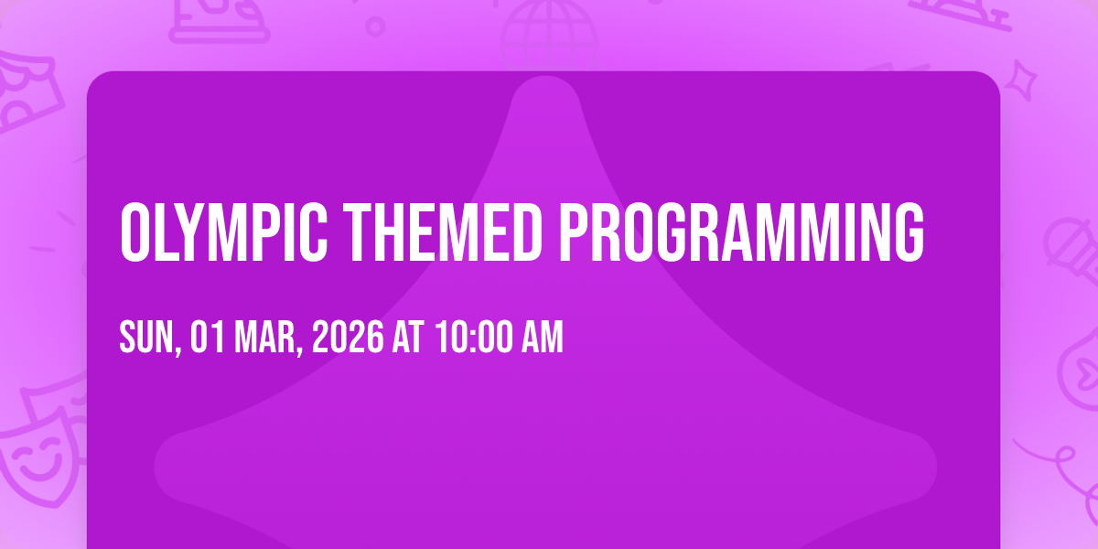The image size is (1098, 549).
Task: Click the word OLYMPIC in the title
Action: point(223,231)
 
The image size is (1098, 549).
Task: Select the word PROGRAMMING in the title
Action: point(742,231)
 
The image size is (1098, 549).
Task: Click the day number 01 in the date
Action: point(208,337)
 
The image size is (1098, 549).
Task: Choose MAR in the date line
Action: point(265,337)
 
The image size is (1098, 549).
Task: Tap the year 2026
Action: point(348,337)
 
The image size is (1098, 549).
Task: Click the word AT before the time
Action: point(408,337)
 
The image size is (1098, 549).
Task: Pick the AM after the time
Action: point(542,337)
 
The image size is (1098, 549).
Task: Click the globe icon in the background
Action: point(549,35)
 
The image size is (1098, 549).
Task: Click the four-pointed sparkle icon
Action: point(1020,81)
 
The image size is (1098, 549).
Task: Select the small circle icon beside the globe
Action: point(375,27)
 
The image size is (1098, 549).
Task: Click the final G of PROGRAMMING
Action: point(910,231)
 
